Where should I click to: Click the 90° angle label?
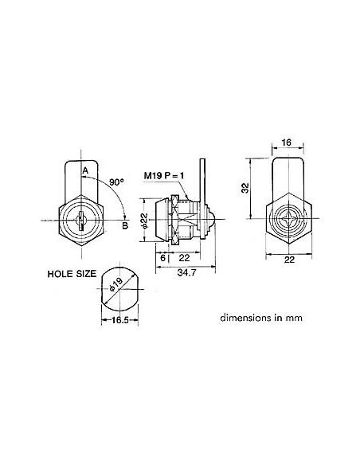(x=117, y=182)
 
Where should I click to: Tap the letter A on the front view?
(x=85, y=170)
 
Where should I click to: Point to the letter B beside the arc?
(x=124, y=225)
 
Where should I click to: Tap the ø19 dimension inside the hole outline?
(x=115, y=287)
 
